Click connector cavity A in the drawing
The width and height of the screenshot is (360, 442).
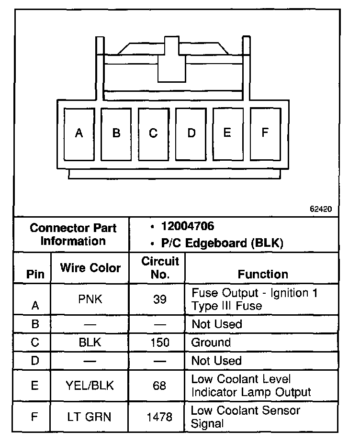(79, 133)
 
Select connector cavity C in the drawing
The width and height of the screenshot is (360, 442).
(153, 133)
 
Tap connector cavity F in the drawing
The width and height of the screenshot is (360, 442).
(265, 133)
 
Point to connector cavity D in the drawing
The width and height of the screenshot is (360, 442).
(191, 133)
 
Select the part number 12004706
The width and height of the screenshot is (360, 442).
(188, 226)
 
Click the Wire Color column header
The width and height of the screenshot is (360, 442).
(90, 268)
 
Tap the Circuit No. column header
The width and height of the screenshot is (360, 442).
(160, 268)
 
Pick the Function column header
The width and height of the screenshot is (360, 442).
(263, 274)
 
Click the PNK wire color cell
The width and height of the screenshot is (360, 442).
(90, 299)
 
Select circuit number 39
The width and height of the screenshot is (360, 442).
(160, 299)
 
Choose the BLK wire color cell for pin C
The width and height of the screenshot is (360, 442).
(90, 343)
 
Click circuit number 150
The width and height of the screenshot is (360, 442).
(160, 343)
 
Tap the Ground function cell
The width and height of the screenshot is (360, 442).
(211, 343)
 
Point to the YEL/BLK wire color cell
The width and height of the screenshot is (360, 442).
(90, 386)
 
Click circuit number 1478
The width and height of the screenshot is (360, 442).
(160, 417)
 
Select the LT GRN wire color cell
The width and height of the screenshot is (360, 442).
(90, 417)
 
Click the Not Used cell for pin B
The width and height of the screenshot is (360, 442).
(217, 324)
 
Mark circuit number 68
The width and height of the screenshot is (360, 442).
(160, 386)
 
